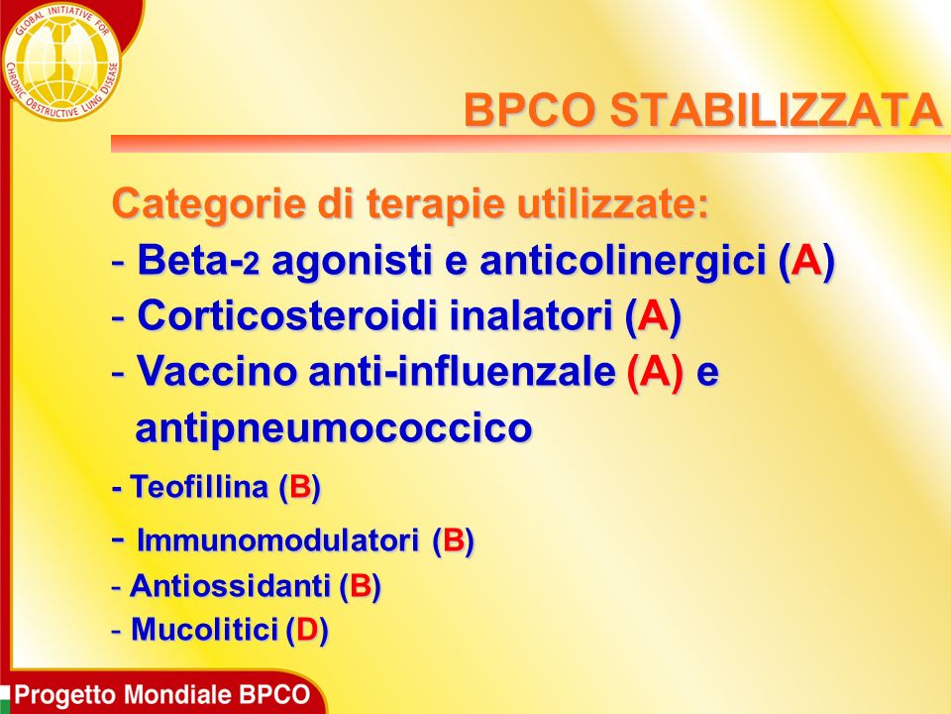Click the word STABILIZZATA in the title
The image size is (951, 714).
pyautogui.click(x=775, y=110)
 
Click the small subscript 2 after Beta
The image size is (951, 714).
pyautogui.click(x=251, y=265)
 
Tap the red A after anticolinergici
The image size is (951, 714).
pyautogui.click(x=806, y=260)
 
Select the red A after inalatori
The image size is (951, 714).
pyautogui.click(x=653, y=315)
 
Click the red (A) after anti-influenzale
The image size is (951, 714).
pyautogui.click(x=655, y=372)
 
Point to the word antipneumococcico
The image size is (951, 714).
pyautogui.click(x=334, y=428)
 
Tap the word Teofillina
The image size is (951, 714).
pyautogui.click(x=199, y=486)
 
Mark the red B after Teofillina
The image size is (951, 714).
pyautogui.click(x=300, y=487)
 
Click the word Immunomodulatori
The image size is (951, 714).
pyautogui.click(x=277, y=539)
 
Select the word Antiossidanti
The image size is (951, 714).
pyautogui.click(x=230, y=586)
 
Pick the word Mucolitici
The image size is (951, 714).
pyautogui.click(x=204, y=629)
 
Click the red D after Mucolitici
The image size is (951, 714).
pyautogui.click(x=307, y=630)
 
